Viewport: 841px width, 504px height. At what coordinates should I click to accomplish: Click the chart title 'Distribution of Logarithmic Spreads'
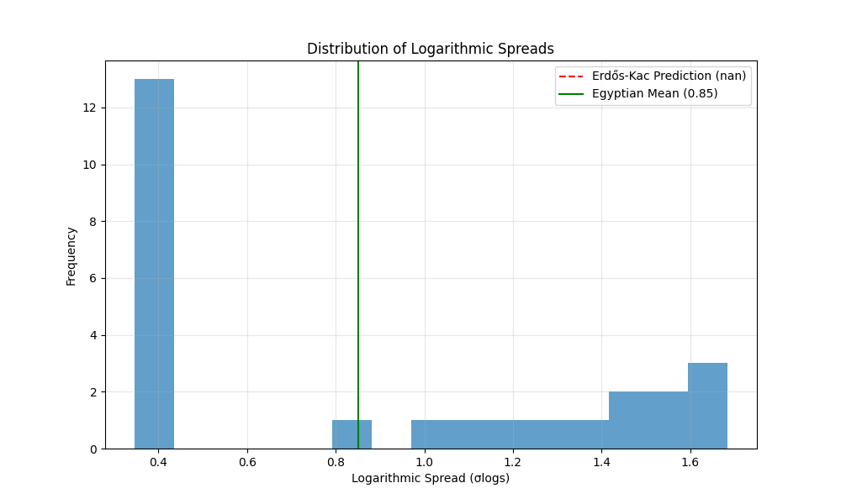430,49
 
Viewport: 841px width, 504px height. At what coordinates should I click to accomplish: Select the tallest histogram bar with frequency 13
154,264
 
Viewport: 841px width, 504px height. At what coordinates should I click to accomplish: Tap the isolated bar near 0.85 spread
352,434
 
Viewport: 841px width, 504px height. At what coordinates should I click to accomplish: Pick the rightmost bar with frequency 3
707,406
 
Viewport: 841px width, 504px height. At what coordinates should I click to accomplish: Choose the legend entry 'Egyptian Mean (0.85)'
654,93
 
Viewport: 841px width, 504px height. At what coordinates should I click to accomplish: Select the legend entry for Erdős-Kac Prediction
669,76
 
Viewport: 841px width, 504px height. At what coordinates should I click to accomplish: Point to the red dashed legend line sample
571,76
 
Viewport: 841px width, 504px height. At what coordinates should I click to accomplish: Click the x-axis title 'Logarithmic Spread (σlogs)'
430,479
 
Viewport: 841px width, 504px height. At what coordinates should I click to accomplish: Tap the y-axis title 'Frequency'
71,255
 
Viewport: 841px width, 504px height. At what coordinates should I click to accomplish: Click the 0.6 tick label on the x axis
247,461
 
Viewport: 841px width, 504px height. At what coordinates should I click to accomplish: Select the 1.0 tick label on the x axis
424,461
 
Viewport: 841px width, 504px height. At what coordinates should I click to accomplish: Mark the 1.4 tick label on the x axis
600,461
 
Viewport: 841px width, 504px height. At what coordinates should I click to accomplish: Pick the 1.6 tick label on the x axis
690,461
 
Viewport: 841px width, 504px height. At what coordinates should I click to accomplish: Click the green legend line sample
571,93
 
